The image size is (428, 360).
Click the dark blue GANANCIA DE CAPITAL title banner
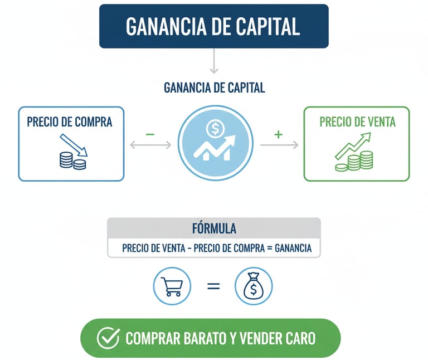pyautogui.click(x=213, y=26)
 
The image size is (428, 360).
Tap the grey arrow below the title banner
pyautogui.click(x=213, y=61)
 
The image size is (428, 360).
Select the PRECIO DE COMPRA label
pyautogui.click(x=70, y=121)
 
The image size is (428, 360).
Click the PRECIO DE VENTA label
pyautogui.click(x=357, y=121)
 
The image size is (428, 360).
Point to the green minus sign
pyautogui.click(x=149, y=134)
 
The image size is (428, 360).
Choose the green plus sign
pyautogui.click(x=279, y=134)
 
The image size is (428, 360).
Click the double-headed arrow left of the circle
pyautogui.click(x=150, y=145)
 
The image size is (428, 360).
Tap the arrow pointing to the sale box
pyautogui.click(x=279, y=145)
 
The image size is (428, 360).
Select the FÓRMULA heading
pyautogui.click(x=213, y=228)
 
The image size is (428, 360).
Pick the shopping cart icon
pyautogui.click(x=172, y=286)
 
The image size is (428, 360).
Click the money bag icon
pyautogui.click(x=254, y=286)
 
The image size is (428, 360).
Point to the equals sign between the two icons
pyautogui.click(x=213, y=286)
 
